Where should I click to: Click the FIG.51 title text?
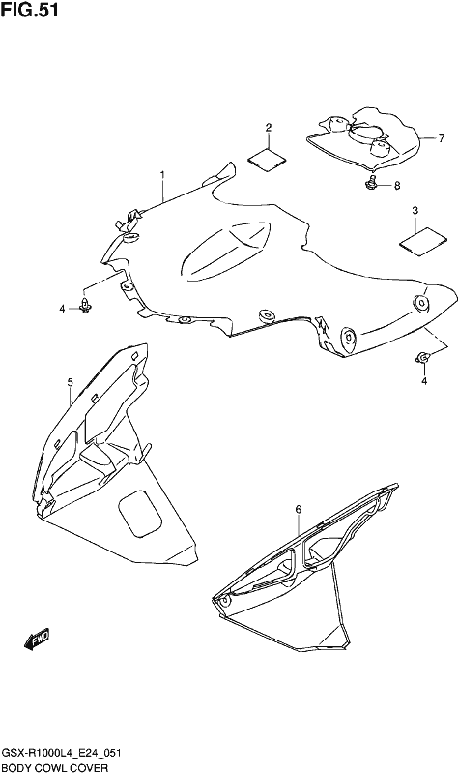[x=30, y=10]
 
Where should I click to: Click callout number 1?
[x=162, y=175]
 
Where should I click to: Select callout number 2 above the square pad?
[x=269, y=128]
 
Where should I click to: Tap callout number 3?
[x=415, y=211]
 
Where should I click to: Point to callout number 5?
[x=70, y=381]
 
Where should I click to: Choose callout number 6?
[x=299, y=509]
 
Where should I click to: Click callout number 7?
[x=442, y=138]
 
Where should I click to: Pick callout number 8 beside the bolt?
[x=397, y=186]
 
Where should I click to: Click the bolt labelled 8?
[x=371, y=182]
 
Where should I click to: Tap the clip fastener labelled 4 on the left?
[x=86, y=306]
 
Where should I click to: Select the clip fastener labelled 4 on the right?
[x=423, y=357]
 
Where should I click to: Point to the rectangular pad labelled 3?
[x=423, y=242]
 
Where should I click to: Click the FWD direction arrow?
[x=37, y=639]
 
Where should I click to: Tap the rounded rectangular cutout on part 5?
[x=140, y=514]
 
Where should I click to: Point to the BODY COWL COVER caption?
[x=56, y=767]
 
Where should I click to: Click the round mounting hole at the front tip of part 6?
[x=224, y=601]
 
